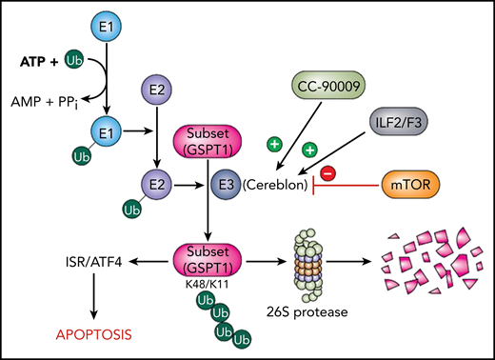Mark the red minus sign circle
coord(327,173)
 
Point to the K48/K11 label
coord(202,284)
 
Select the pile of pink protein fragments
coord(422,260)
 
